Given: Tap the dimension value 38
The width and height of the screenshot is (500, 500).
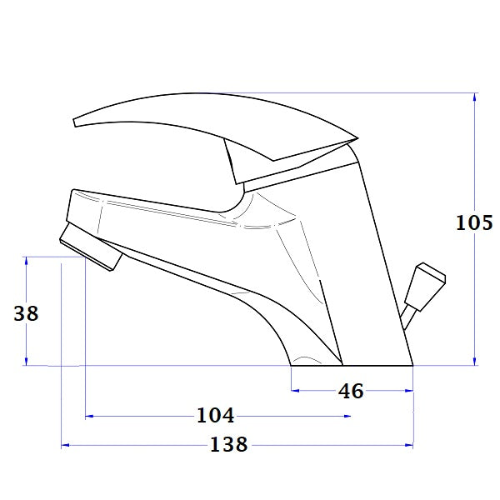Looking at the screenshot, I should [x=27, y=313].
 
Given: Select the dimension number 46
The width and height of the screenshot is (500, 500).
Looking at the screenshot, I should [x=352, y=390].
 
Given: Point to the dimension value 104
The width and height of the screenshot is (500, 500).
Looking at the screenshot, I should [x=215, y=415].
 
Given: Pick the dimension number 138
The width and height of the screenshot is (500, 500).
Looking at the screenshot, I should [x=229, y=445].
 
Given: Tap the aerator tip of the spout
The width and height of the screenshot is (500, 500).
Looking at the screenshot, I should [x=90, y=249].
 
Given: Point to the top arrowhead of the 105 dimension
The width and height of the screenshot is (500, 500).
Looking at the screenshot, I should [x=474, y=97].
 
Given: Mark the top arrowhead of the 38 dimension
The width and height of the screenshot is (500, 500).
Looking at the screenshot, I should [x=27, y=261].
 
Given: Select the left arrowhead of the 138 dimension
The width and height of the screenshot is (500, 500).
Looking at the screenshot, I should [x=65, y=446].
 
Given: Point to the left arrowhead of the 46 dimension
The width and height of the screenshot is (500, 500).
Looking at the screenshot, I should [x=293, y=390].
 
